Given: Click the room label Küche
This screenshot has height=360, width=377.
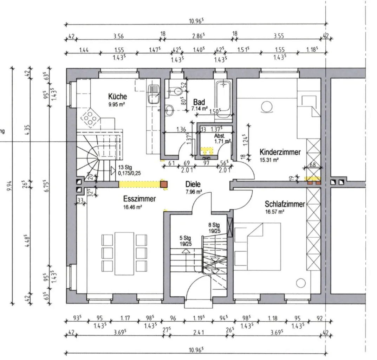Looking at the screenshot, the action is point(117,96).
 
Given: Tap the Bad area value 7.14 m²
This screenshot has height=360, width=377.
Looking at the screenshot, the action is point(199,109).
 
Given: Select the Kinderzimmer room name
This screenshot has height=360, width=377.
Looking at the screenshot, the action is point(280,152).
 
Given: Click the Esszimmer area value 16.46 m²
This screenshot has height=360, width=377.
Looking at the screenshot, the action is point(132,207).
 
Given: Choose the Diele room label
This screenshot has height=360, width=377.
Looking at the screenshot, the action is point(193,184).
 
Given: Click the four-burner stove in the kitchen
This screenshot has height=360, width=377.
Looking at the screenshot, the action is point(91,118).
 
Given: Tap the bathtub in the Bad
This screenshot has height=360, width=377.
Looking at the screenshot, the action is point(223,99).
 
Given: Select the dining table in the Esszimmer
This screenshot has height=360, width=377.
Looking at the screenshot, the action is point(124,253).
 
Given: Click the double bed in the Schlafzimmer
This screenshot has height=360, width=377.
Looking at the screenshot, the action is point(258,247).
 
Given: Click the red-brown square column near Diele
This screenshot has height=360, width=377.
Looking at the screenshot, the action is point(164,184).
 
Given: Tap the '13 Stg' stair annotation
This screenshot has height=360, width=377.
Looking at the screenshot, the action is point(125,167).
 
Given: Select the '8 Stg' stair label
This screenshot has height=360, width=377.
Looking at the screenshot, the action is point(214,225).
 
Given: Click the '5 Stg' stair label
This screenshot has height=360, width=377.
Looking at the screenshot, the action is point(186,238).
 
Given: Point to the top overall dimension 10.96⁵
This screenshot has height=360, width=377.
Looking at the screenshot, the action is point(196,21).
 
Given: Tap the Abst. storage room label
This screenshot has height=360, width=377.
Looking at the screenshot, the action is point(220,136).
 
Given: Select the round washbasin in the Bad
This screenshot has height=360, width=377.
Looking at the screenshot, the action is point(169,110).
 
